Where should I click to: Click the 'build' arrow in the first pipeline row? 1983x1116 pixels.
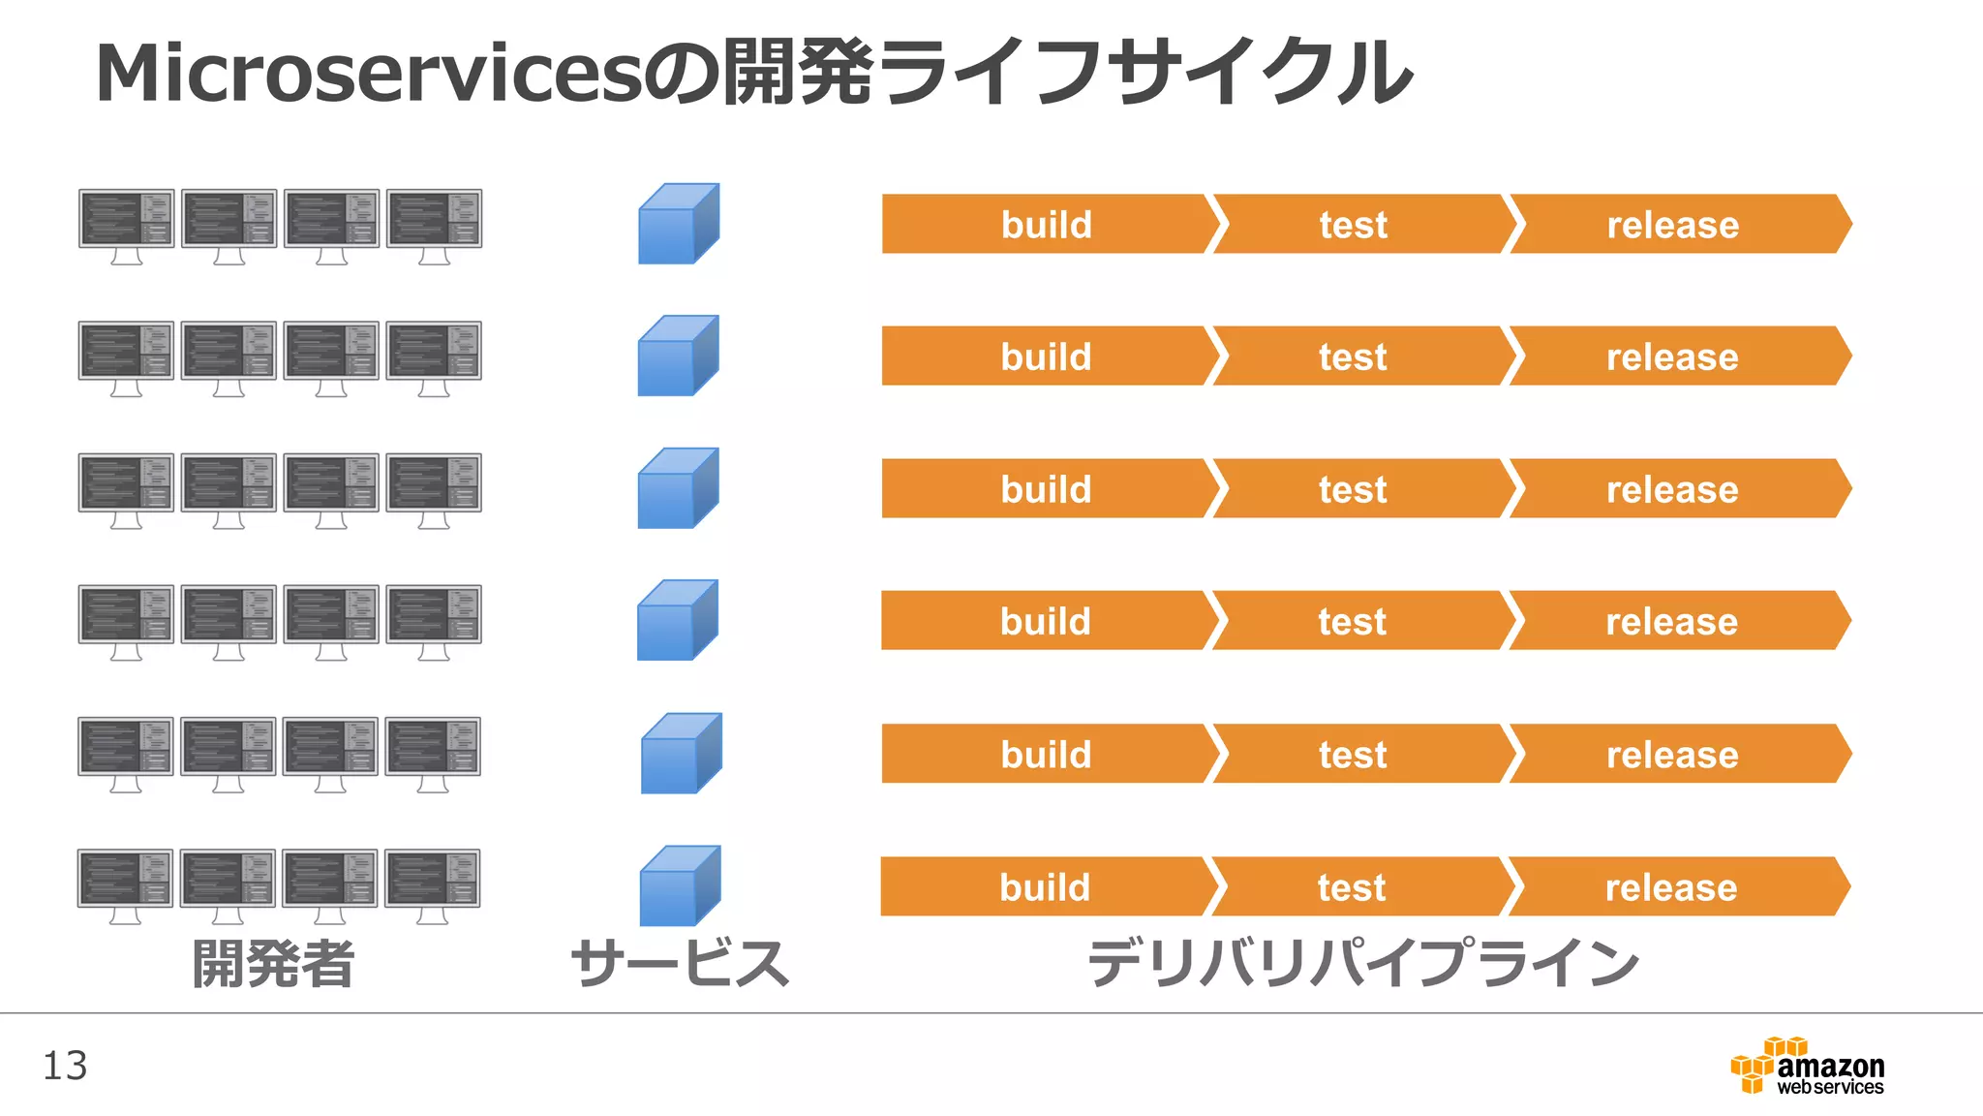pos(1046,225)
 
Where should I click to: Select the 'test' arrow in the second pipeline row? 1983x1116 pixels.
pos(1353,356)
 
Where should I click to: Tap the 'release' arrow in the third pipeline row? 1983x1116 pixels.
pos(1672,489)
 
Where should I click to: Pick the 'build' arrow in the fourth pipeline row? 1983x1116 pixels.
pos(1046,621)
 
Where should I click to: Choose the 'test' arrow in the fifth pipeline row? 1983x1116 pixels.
pos(1353,754)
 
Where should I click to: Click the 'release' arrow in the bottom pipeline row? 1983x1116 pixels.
pos(1671,886)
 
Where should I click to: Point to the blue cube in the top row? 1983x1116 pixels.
pos(678,224)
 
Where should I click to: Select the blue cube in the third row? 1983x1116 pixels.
pos(678,488)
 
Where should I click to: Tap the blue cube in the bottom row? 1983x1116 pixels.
pos(680,885)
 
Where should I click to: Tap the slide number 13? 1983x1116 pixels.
pos(65,1066)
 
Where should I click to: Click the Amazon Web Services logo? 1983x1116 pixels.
pos(1807,1067)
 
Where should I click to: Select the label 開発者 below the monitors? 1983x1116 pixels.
pos(273,964)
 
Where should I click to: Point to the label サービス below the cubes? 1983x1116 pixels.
pos(680,964)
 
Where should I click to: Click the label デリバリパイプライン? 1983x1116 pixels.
pos(1363,964)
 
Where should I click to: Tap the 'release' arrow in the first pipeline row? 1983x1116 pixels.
pos(1673,225)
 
